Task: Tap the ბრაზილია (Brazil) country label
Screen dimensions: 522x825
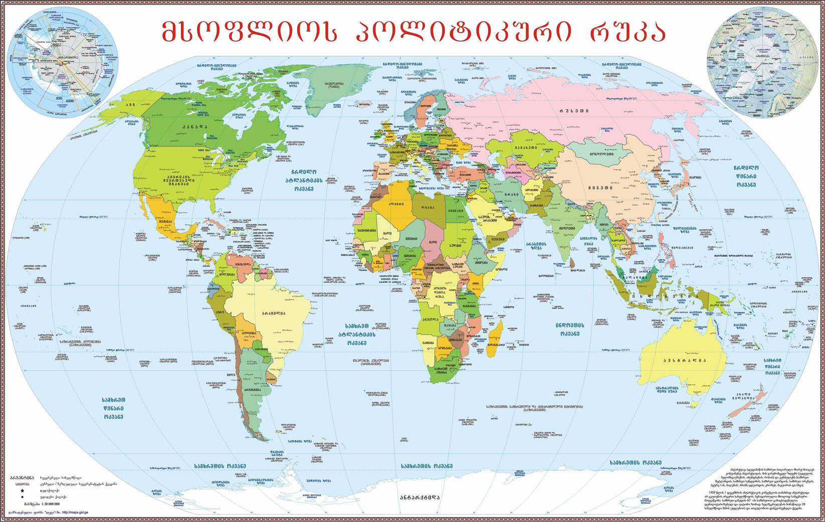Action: tap(273, 313)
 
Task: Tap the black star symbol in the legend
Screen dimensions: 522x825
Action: tap(22, 490)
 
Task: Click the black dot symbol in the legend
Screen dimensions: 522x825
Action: tap(22, 497)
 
